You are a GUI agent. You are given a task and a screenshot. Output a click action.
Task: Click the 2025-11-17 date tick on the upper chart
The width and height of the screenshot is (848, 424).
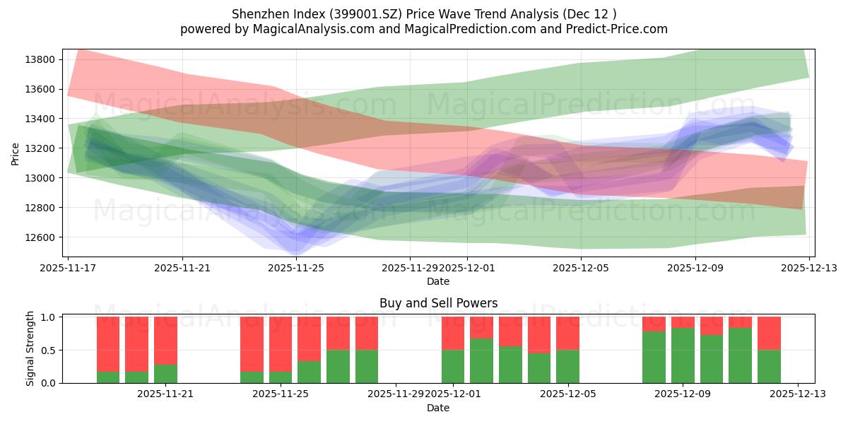point(68,269)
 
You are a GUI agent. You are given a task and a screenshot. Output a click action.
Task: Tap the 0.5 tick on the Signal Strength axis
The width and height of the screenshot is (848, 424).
point(49,351)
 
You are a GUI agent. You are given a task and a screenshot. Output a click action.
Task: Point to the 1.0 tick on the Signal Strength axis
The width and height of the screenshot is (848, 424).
point(49,317)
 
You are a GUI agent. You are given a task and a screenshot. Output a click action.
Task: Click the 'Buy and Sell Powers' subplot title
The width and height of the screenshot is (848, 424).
point(438,303)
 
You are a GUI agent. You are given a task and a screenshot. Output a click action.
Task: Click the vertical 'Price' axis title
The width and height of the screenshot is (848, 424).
point(16,153)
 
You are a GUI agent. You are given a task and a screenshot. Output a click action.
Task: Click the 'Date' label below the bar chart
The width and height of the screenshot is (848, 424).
point(438,408)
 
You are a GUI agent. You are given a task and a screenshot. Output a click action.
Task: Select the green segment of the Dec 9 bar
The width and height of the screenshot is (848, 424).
point(683,355)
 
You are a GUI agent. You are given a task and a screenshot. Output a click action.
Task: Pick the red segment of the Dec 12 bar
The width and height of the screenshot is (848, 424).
point(769,334)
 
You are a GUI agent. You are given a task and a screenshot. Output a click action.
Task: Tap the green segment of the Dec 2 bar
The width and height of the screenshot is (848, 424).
point(482,360)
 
